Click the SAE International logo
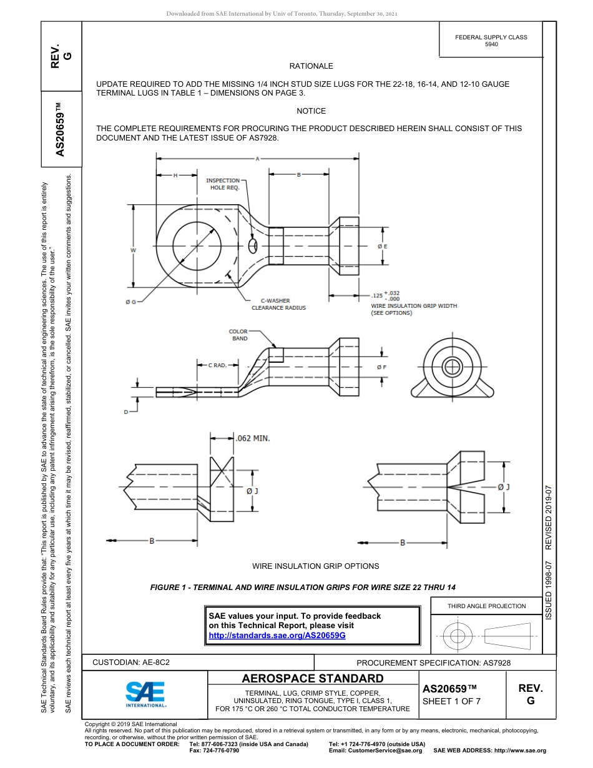coord(145,693)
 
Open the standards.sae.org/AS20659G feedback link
coord(277,634)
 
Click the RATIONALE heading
coord(311,66)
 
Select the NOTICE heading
coord(311,111)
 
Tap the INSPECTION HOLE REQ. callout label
coord(223,184)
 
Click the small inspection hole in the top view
coord(253,245)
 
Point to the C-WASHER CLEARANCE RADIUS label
coord(278,304)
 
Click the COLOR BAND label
coord(238,335)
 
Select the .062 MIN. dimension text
coord(252,438)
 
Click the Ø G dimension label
coord(131,302)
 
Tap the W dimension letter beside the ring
coord(133,250)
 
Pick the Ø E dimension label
coord(383,247)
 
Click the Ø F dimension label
coord(382,367)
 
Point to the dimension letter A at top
coord(257,159)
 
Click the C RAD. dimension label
coord(217,365)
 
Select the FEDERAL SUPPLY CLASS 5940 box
coord(491,41)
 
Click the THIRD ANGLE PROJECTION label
coord(486,606)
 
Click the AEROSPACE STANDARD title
coord(312,679)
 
